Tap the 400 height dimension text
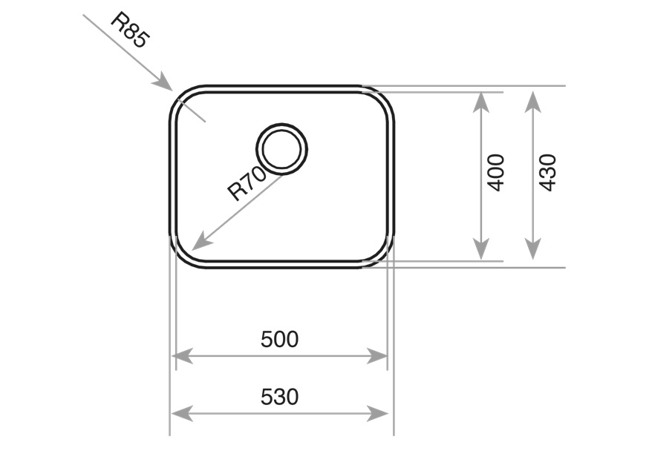pos(496,172)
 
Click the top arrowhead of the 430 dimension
pos(532,93)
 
